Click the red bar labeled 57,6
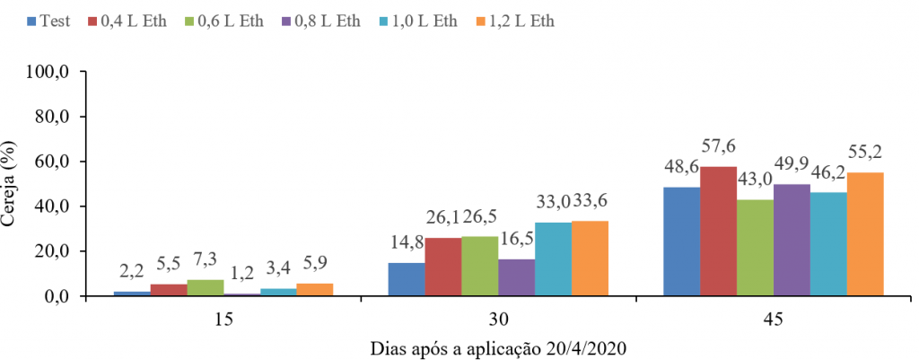click(x=718, y=231)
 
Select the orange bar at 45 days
click(x=864, y=234)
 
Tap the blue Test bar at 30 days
click(x=407, y=279)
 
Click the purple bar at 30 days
click(x=516, y=277)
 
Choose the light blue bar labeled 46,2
click(x=828, y=244)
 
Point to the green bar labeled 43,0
click(x=755, y=248)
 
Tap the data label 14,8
click(x=407, y=242)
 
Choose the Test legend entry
click(x=48, y=22)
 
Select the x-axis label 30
click(x=499, y=320)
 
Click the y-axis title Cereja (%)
click(x=12, y=184)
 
